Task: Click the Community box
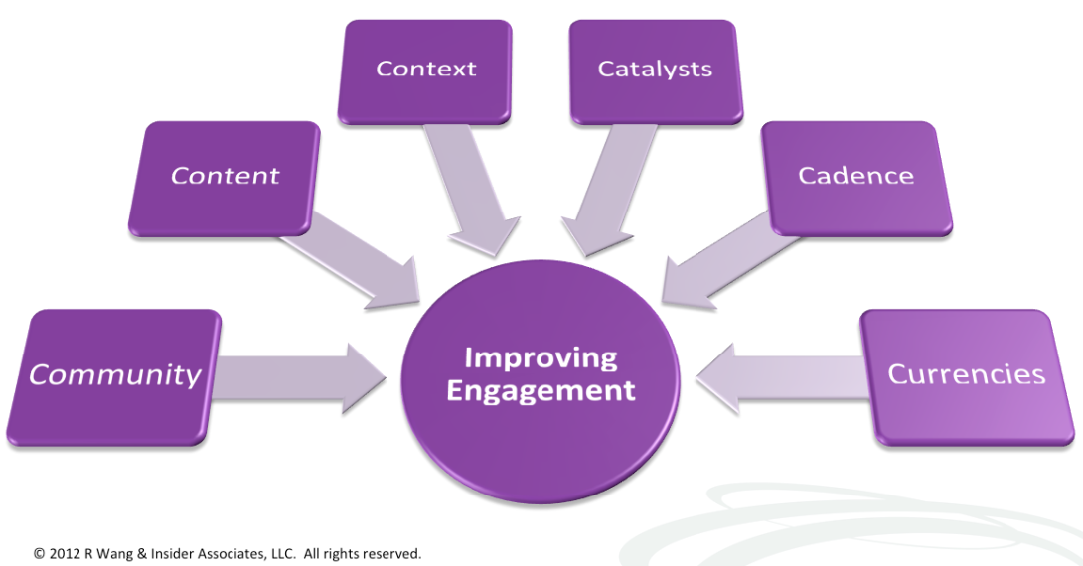(114, 375)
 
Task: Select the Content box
(225, 177)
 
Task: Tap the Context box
(425, 70)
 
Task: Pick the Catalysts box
(655, 70)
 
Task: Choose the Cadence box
(855, 177)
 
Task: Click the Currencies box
(966, 375)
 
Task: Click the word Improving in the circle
(541, 357)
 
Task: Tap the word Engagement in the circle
(541, 390)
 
